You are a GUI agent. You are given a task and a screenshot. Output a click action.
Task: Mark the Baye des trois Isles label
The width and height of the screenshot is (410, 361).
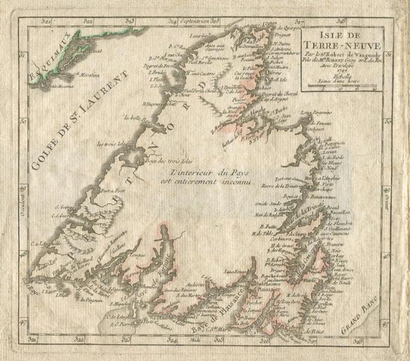point(161,161)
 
